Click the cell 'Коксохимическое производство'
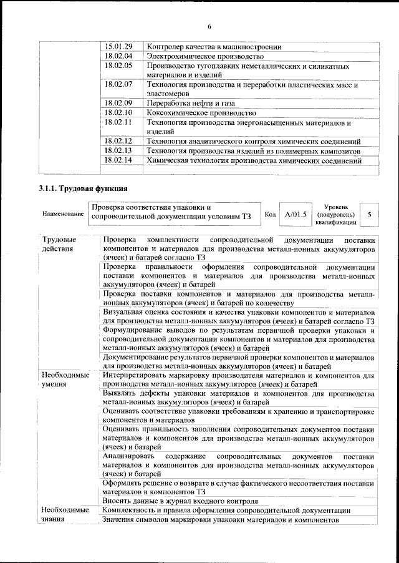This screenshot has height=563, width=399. [x=201, y=112]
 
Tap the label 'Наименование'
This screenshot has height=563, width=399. [x=63, y=214]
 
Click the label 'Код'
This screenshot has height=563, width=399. [x=270, y=214]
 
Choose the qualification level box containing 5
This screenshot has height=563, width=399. [x=370, y=214]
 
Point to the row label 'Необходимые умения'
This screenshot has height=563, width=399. [x=65, y=380]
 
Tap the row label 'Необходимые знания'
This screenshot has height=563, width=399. [x=65, y=515]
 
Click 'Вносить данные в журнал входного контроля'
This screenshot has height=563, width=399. [x=180, y=501]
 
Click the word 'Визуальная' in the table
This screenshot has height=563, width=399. [x=123, y=311]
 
